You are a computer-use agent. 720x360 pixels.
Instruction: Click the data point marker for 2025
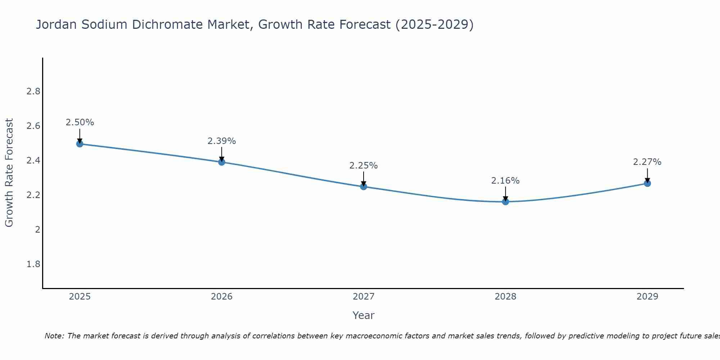click(x=80, y=144)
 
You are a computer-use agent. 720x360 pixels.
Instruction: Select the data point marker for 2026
click(x=222, y=162)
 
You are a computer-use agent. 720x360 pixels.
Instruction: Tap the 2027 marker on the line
click(x=364, y=186)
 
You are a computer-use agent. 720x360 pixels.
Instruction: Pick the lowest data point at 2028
click(x=505, y=202)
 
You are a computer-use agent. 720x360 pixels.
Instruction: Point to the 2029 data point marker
click(x=647, y=183)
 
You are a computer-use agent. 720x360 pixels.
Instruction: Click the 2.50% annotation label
click(x=80, y=122)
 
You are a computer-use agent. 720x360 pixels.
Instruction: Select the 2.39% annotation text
click(x=222, y=141)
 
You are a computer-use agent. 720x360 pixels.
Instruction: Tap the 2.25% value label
click(x=364, y=166)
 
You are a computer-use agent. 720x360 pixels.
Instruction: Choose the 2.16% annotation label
click(x=505, y=181)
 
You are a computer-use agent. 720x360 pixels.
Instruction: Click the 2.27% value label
click(x=647, y=162)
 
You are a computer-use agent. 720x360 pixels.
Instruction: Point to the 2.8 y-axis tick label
click(x=33, y=91)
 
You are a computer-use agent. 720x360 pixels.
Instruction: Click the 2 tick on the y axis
click(x=37, y=230)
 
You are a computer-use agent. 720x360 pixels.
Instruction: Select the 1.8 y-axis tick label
click(x=33, y=264)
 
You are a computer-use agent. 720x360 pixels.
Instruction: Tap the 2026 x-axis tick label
click(x=222, y=297)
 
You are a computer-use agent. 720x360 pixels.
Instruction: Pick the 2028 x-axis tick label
click(x=505, y=297)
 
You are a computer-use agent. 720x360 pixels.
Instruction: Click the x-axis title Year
click(x=364, y=315)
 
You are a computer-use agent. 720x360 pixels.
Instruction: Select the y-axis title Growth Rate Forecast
click(x=9, y=173)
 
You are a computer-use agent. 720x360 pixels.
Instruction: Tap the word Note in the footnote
click(x=53, y=336)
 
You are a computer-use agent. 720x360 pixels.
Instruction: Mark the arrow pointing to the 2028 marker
click(x=505, y=193)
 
